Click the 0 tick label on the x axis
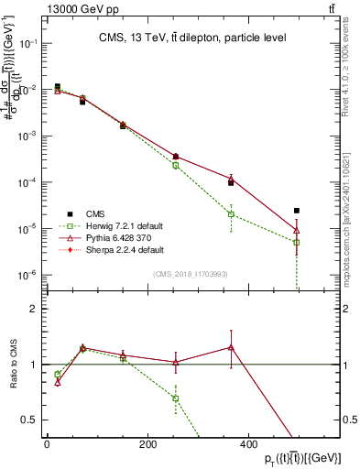point(47,444)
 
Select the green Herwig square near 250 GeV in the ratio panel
point(175,398)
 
